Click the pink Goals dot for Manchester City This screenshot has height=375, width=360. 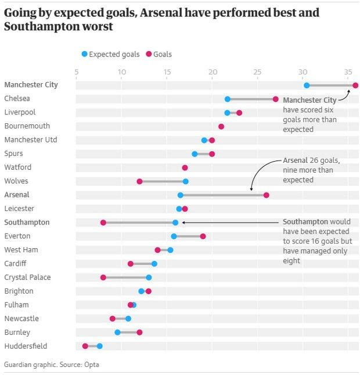[355, 85]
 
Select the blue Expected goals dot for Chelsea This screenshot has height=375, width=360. [228, 99]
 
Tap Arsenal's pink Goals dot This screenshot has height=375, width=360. [267, 195]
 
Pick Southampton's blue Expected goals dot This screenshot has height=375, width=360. [175, 223]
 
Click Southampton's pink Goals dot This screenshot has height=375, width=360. [103, 223]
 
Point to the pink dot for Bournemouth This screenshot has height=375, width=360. [221, 127]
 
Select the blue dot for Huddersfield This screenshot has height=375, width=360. [100, 346]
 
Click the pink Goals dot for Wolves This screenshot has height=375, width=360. [139, 181]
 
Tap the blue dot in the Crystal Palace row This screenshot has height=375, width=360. [149, 277]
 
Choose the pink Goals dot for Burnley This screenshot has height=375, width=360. [139, 333]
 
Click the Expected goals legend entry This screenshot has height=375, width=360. [111, 54]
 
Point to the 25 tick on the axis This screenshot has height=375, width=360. [257, 72]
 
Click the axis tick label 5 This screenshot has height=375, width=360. [77, 72]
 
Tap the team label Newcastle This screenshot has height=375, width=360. [21, 319]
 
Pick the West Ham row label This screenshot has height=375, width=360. [21, 250]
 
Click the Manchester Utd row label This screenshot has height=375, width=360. [31, 140]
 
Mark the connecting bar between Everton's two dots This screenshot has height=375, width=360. [188, 236]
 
